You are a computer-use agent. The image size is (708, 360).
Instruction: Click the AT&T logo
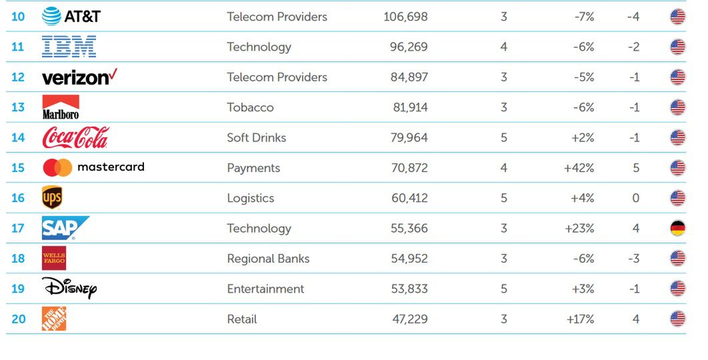point(71,17)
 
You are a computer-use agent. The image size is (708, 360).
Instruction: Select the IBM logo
point(69,47)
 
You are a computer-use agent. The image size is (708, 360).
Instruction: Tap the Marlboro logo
point(61,107)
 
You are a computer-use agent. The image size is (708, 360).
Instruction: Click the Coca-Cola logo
point(75,138)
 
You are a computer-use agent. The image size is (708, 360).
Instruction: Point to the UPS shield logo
point(52,198)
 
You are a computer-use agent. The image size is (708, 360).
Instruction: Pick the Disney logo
point(69,289)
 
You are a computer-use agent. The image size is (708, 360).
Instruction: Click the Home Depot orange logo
point(54,319)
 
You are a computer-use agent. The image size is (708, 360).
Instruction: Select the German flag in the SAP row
point(677,229)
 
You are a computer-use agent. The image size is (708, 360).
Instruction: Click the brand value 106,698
point(405,17)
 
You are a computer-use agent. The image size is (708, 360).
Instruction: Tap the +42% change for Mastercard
point(579,168)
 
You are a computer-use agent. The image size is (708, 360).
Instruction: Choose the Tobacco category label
point(250,107)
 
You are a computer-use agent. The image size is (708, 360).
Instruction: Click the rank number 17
point(18,229)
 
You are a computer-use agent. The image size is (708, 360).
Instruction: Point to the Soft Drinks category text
point(256,138)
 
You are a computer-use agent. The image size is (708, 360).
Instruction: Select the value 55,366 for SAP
point(409,229)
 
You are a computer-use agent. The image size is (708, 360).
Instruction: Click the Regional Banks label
point(268,259)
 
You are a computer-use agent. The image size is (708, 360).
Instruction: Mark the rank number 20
point(18,319)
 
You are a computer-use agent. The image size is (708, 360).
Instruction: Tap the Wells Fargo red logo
point(54,258)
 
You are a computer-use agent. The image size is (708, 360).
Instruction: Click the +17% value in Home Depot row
point(580,319)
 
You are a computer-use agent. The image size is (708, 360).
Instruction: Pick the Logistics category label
point(250,198)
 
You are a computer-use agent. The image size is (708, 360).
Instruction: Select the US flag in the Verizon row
point(677,77)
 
